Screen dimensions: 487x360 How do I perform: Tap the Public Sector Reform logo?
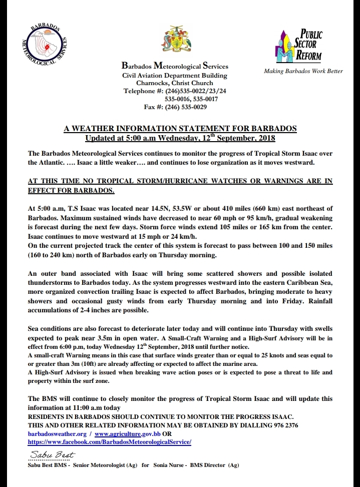299,46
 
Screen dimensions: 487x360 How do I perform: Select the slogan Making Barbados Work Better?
303,71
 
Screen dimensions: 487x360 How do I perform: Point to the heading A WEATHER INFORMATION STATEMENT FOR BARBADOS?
180,129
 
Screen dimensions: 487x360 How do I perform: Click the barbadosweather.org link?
57,434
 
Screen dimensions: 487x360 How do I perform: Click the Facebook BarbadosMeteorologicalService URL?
110,442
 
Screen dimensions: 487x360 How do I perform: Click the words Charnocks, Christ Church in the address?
175,84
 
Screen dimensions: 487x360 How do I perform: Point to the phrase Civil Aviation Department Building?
175,76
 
